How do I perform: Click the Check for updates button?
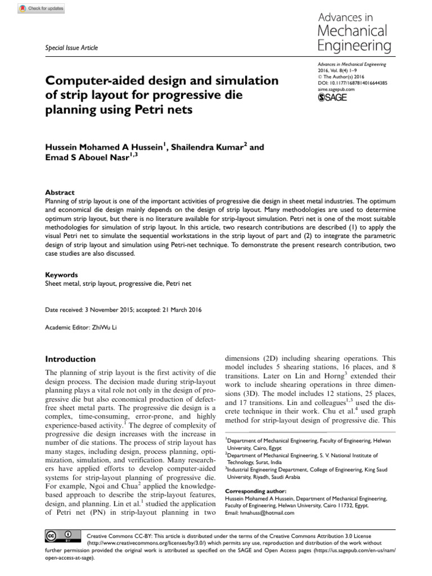click(x=42, y=8)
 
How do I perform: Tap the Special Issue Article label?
click(x=71, y=48)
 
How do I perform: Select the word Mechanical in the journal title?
click(x=352, y=30)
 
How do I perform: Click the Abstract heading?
click(x=59, y=192)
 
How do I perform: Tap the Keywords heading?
click(x=61, y=275)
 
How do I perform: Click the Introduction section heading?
click(x=70, y=359)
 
